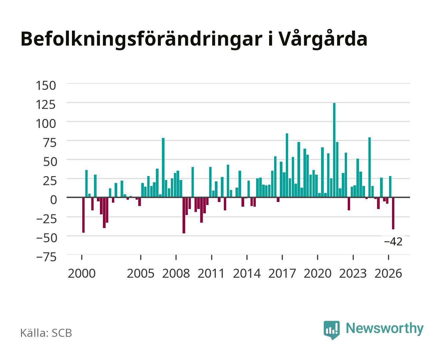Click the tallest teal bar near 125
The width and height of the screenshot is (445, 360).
[334, 150]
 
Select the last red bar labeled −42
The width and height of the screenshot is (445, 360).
[393, 213]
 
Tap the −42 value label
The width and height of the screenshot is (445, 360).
[393, 242]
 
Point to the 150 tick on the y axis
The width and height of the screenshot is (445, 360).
[46, 86]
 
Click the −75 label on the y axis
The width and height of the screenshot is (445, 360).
[46, 257]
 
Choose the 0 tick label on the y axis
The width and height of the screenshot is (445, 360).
[54, 200]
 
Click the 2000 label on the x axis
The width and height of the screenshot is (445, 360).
[82, 273]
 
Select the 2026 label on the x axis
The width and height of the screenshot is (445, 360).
[388, 273]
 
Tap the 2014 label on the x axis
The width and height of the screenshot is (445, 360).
[247, 273]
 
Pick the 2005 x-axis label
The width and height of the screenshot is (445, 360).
[141, 273]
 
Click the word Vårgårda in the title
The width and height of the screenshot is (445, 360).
[323, 39]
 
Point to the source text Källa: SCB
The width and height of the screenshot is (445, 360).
[46, 333]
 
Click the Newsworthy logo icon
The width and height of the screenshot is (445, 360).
[331, 330]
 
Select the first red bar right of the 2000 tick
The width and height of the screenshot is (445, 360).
[83, 215]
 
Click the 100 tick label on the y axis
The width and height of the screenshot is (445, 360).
[46, 124]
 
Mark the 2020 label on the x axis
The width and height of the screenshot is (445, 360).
[317, 273]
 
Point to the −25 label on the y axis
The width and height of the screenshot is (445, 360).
[46, 219]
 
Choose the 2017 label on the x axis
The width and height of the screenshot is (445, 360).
[282, 273]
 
